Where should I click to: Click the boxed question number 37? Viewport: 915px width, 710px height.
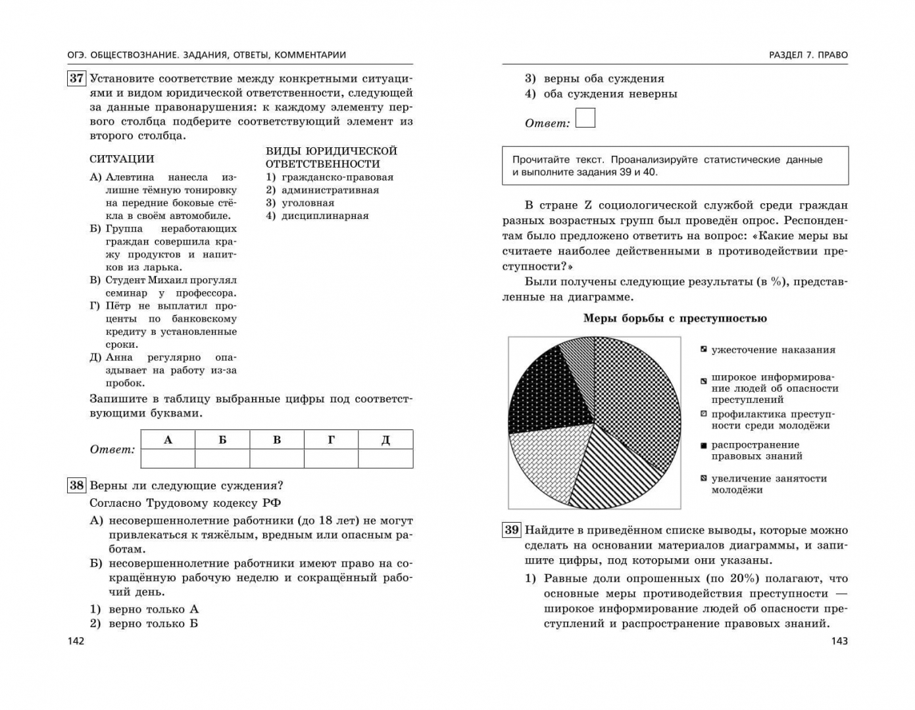[76, 78]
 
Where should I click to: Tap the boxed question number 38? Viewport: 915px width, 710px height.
[76, 486]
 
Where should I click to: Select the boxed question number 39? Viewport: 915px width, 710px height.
[511, 530]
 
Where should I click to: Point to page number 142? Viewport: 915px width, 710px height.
[76, 641]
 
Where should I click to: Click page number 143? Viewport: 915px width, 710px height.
[839, 641]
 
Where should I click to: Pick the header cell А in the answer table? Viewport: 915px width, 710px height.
[168, 440]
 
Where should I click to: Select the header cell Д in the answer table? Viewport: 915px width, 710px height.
[385, 440]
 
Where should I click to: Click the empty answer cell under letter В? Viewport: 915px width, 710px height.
[277, 458]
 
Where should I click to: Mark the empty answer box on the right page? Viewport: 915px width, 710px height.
[585, 118]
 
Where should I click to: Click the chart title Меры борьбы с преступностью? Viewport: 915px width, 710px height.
[675, 319]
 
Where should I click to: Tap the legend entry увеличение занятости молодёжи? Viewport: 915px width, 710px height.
[768, 484]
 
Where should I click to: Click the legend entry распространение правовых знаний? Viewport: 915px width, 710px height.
[756, 450]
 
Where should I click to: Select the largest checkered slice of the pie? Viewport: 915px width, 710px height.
[641, 401]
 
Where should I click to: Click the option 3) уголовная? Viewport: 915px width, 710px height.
[300, 203]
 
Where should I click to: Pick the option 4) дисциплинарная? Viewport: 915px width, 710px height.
[317, 216]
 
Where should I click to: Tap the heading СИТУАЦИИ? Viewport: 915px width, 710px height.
[122, 159]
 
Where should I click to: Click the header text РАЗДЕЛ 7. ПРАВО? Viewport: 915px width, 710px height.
[808, 55]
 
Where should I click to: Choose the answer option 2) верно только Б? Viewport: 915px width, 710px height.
[144, 623]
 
